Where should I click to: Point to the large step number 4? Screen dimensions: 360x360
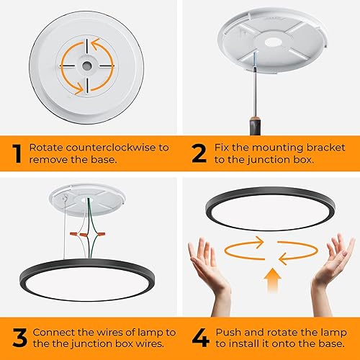(x=200, y=338)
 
